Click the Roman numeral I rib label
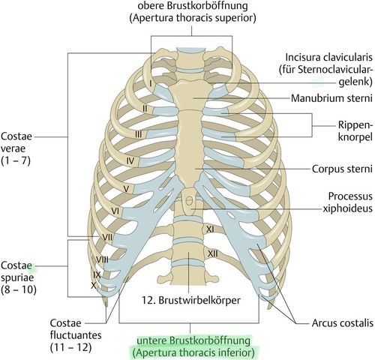[151, 83]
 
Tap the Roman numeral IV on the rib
[130, 161]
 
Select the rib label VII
[107, 237]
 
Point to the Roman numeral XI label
[210, 229]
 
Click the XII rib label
[213, 254]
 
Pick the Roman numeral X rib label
[94, 286]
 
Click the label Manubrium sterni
[331, 98]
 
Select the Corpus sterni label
[342, 169]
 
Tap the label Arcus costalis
[342, 323]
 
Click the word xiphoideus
[347, 208]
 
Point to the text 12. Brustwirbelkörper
[191, 300]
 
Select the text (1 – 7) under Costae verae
[16, 160]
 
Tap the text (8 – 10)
[19, 289]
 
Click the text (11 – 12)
[70, 348]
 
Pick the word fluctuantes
[76, 335]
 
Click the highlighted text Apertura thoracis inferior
[193, 353]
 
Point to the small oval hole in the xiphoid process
[190, 200]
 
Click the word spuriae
[17, 277]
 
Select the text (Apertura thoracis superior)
[193, 18]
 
